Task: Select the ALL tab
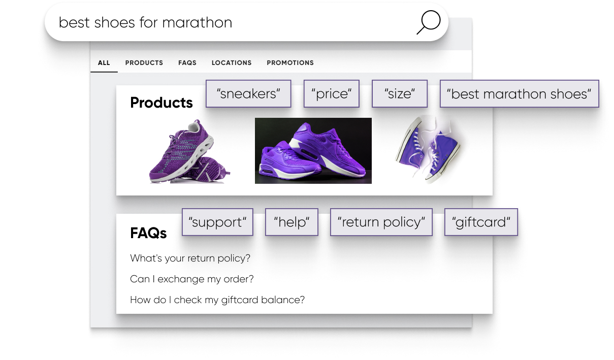(x=104, y=63)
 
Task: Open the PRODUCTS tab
(x=144, y=63)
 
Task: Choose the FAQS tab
(x=187, y=63)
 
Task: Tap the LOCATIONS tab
(x=232, y=63)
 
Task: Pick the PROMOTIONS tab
(x=290, y=63)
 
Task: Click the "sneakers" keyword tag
(x=248, y=94)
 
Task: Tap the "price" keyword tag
(x=332, y=94)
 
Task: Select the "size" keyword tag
(x=400, y=94)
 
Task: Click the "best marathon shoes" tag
(x=520, y=94)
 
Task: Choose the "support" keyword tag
(x=217, y=222)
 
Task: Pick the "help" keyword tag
(x=292, y=222)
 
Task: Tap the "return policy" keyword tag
(x=381, y=222)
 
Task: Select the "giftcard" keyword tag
(x=481, y=222)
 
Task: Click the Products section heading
(x=161, y=103)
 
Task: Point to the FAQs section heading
(x=148, y=233)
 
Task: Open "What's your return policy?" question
(x=190, y=258)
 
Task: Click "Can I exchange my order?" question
(x=192, y=279)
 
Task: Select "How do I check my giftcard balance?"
(x=217, y=300)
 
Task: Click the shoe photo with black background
(x=313, y=151)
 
